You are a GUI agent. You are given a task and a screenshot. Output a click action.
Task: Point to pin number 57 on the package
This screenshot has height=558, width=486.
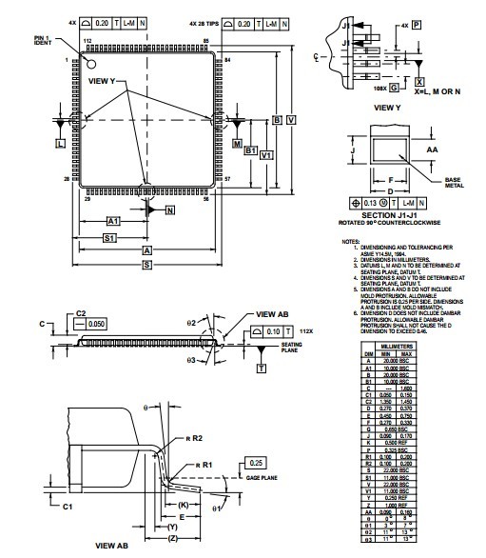tap(227, 178)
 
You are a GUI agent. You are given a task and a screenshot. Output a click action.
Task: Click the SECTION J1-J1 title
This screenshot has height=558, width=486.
tap(390, 215)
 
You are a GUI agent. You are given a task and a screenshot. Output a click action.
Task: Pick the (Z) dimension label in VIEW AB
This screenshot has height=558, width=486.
tap(170, 538)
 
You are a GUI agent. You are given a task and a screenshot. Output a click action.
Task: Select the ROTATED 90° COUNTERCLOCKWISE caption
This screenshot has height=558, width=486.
tap(390, 223)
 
